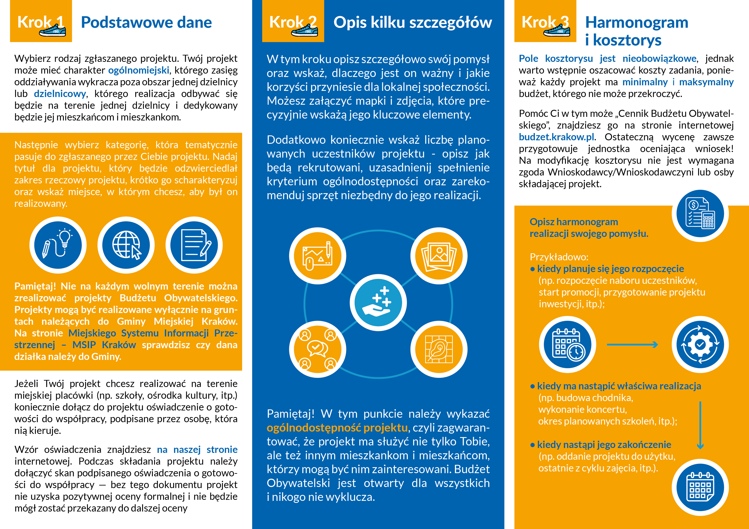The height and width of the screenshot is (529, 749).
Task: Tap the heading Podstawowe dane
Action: click(146, 22)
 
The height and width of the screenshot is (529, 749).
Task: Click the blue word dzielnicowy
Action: click(60, 94)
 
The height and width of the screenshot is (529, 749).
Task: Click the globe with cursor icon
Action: click(126, 245)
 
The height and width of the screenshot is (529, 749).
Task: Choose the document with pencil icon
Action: click(194, 245)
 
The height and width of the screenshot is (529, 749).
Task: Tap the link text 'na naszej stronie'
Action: click(197, 449)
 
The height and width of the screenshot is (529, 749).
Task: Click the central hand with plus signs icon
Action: click(378, 303)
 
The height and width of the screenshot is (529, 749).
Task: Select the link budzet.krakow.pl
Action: click(556, 137)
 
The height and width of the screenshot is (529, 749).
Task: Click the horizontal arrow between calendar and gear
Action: click(632, 345)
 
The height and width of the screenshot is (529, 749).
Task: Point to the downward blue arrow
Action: click(700, 425)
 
